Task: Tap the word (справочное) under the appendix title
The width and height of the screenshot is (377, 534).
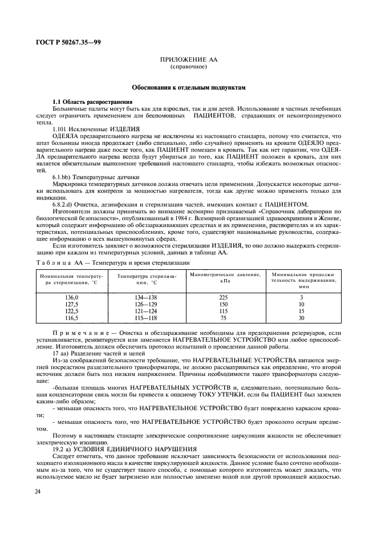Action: click(x=188, y=67)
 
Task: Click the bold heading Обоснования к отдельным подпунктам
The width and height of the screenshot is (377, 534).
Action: click(x=188, y=88)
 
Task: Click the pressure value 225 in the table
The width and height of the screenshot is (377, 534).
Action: click(x=224, y=297)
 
